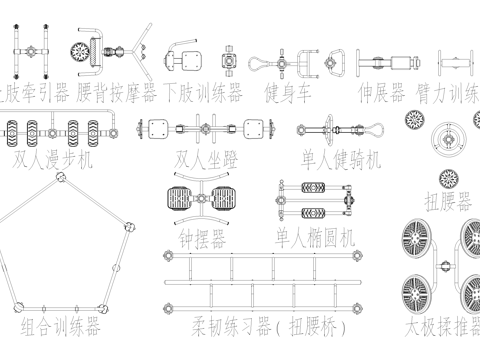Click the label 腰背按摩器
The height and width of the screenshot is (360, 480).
pos(117,93)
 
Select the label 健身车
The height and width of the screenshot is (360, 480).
pos(287,93)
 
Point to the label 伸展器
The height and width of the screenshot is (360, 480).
pos(382,93)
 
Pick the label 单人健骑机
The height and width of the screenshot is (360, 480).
pos(341,160)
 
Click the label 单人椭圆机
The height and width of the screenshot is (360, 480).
pos(314,238)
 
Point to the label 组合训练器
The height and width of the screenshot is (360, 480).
pos(60,327)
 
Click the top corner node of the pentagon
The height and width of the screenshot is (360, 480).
pos(62,178)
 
